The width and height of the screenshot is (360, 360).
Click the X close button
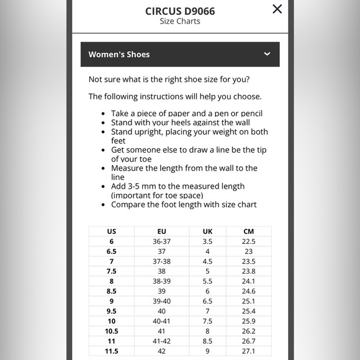(x=277, y=9)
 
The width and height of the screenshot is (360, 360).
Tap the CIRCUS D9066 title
(x=180, y=11)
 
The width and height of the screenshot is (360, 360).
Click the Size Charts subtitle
(x=180, y=21)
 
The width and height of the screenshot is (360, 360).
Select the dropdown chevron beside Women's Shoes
(x=267, y=54)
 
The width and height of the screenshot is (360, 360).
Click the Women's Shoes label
(x=119, y=55)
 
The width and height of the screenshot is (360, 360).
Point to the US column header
(x=112, y=232)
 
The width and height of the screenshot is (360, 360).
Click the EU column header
(x=161, y=232)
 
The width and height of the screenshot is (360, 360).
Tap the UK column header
(x=207, y=232)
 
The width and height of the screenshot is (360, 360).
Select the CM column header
(x=249, y=232)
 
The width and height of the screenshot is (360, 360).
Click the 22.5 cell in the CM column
(x=249, y=241)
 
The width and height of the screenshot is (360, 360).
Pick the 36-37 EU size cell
(x=161, y=241)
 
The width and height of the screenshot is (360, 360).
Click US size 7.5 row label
(x=112, y=271)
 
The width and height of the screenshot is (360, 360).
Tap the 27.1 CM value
(x=249, y=351)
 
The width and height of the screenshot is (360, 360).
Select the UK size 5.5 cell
(x=207, y=281)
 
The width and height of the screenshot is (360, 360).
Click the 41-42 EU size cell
(x=161, y=341)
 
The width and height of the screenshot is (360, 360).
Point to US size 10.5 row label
(x=112, y=331)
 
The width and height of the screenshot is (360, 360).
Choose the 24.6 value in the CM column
(x=249, y=291)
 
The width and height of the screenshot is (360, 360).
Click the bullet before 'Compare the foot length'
(x=103, y=205)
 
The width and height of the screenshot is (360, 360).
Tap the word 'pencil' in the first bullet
(x=251, y=114)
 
